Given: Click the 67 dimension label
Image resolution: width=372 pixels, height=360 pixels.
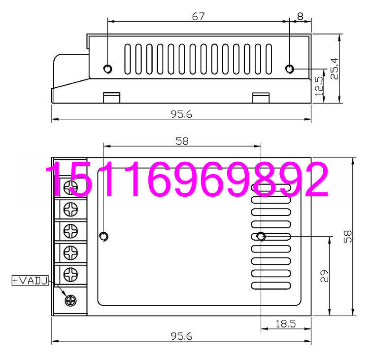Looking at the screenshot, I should click(x=199, y=16).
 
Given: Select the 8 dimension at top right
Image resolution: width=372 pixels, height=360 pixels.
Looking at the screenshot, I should click(x=301, y=16).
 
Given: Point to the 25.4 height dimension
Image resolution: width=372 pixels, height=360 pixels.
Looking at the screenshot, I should click(x=335, y=69).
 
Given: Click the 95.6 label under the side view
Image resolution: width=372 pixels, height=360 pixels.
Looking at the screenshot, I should click(x=181, y=114).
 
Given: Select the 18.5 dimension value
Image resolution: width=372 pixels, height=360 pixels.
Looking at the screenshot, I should click(x=285, y=324).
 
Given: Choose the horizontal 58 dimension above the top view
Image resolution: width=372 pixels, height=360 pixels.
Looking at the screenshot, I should click(x=182, y=141).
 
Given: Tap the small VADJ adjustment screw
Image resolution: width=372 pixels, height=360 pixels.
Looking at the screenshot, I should click(x=71, y=300).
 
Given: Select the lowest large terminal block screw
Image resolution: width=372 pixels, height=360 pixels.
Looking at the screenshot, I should click(x=71, y=274).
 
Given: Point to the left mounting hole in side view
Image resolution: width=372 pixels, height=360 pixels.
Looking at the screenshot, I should click(x=108, y=69).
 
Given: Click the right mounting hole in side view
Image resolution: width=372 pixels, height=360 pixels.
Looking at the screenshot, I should click(x=290, y=69).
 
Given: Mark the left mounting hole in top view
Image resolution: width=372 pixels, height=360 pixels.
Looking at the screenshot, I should click(x=104, y=236).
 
